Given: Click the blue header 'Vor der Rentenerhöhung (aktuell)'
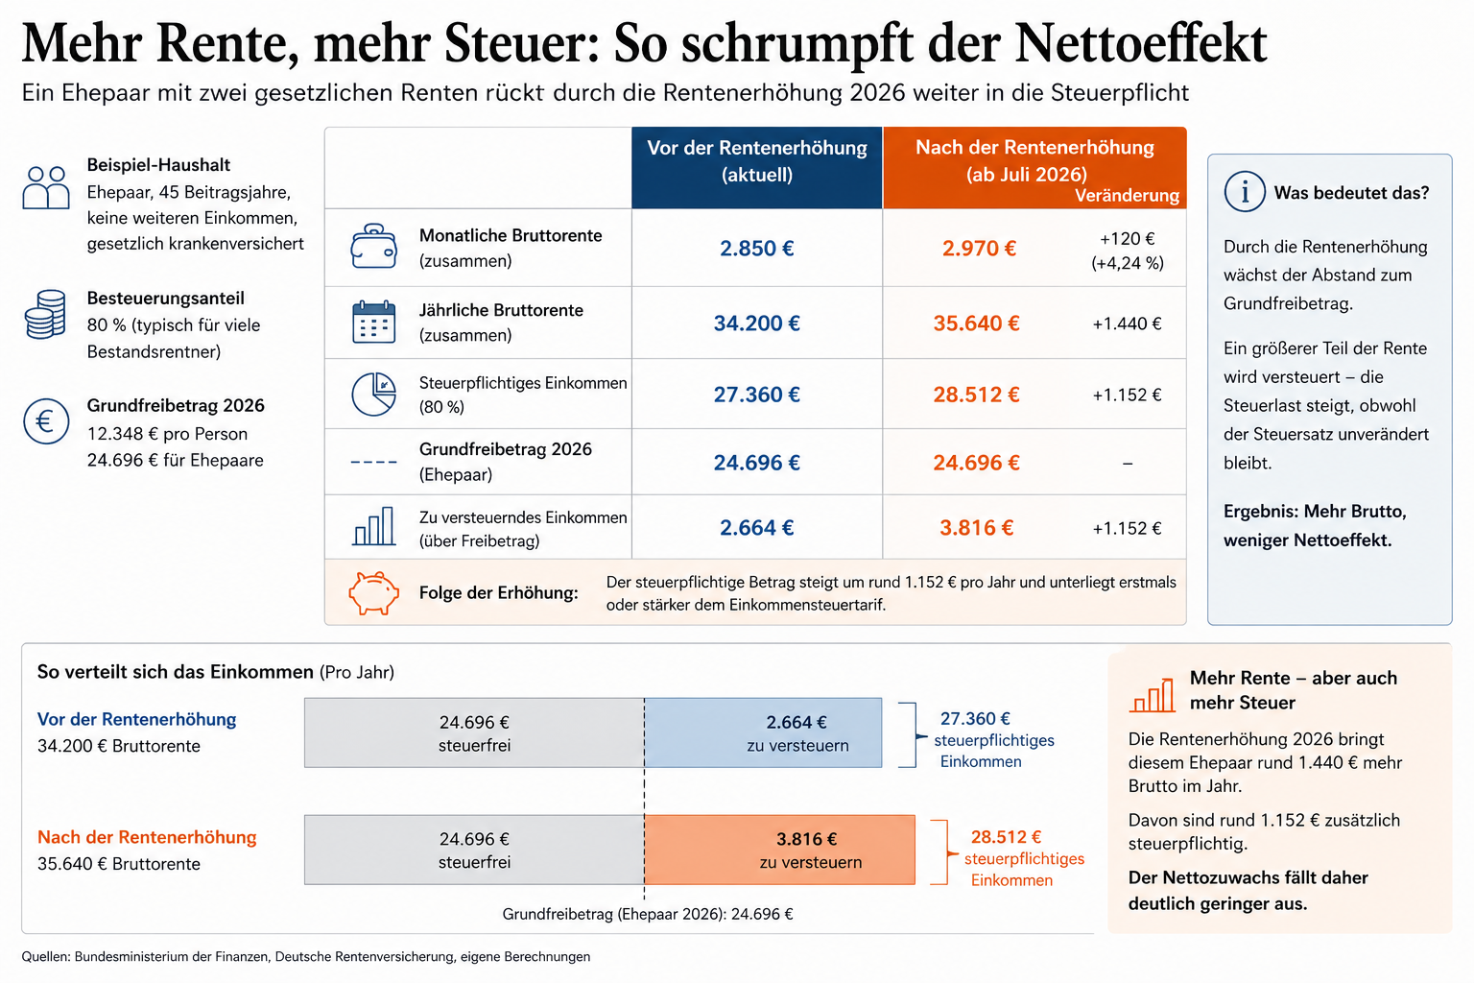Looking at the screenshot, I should point(756,161).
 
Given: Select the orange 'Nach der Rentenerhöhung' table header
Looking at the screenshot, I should point(1034,161).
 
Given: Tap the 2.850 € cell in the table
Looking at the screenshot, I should point(756,249).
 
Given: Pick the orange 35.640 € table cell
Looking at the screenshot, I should point(976,324).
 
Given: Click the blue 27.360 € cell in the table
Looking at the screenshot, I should point(756,395).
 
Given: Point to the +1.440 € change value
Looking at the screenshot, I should point(1127,324).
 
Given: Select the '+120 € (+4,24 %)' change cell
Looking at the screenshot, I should point(1127,251).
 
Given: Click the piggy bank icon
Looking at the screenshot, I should point(373,592).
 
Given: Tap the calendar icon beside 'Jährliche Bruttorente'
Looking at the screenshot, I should point(373,323).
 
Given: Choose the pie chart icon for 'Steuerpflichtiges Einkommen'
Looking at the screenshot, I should point(373,395).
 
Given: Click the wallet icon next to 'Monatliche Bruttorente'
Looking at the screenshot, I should point(373,248).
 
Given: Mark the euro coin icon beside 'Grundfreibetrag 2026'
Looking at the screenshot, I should point(46,421).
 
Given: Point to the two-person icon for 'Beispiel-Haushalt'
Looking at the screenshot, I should point(46,188).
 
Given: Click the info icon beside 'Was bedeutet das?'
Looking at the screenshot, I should point(1245,192).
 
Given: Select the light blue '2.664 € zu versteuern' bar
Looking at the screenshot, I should point(763,732).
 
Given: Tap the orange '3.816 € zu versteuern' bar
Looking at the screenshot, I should point(779,850).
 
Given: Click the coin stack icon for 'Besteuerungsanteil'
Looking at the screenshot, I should point(45,314).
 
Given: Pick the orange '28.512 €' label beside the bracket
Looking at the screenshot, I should point(1006,837).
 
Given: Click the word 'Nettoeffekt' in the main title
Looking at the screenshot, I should point(1141,43).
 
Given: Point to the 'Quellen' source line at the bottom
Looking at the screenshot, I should point(306,956).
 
